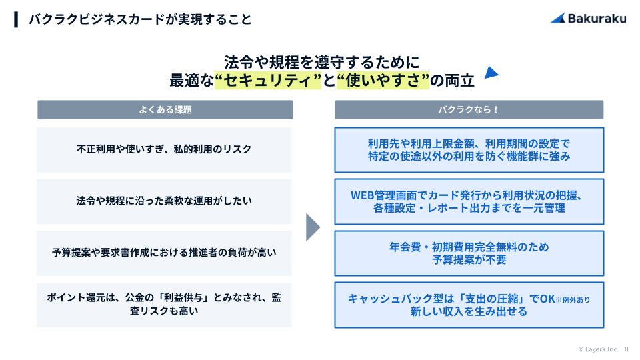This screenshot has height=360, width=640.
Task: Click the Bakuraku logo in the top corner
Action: (588, 19)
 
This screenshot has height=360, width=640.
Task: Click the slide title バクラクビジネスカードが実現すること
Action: (140, 19)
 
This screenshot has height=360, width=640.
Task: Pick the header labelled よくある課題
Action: (165, 109)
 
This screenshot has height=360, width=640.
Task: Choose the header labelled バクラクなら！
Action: (469, 109)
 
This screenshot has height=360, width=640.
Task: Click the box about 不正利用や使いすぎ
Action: (165, 149)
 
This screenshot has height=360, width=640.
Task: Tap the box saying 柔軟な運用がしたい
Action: (165, 201)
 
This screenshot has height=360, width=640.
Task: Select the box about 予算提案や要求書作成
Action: (165, 253)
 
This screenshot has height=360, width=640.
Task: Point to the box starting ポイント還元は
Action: (165, 304)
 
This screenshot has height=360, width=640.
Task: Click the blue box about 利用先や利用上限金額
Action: (469, 149)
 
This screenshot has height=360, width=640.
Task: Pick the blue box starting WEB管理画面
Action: (469, 201)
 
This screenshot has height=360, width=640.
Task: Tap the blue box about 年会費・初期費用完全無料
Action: (469, 253)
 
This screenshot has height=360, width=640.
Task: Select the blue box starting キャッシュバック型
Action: (469, 305)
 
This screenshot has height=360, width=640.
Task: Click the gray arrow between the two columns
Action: (312, 227)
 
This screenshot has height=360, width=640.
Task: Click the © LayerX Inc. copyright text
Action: (598, 349)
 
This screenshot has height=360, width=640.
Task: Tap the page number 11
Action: (626, 349)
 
